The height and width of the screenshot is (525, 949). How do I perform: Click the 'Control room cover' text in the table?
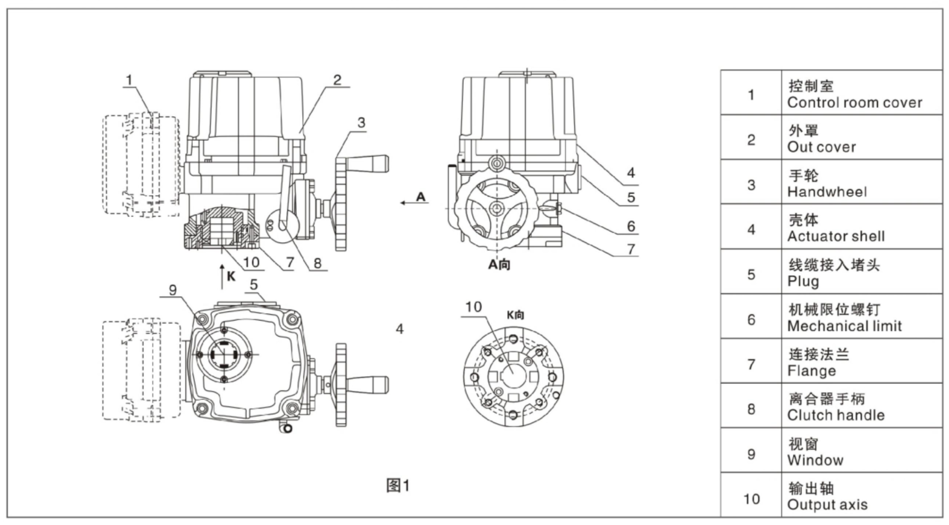point(854,102)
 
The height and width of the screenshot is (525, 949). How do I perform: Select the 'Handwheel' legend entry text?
point(827,192)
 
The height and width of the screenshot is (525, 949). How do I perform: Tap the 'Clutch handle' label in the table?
point(836,415)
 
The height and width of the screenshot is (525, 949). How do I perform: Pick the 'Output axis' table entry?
point(827,505)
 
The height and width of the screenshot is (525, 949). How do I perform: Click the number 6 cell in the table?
point(751,320)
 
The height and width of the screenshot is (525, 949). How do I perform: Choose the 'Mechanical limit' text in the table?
point(845,326)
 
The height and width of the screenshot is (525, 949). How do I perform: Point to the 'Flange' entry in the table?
point(811,371)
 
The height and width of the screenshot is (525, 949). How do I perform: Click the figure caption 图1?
point(398,485)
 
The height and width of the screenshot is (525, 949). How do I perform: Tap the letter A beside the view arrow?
point(421,197)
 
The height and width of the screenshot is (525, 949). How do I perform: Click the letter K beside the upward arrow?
point(231,276)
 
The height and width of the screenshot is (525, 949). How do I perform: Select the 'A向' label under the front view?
point(499,264)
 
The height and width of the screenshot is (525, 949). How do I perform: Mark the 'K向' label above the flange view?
point(515,315)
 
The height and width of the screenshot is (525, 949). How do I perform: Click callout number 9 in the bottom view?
point(173,290)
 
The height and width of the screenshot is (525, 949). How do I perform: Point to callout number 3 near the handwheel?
point(361,122)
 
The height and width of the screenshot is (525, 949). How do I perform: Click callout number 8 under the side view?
point(317,263)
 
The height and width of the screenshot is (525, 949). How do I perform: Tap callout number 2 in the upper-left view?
point(337,80)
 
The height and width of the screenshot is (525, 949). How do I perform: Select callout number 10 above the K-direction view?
point(473,307)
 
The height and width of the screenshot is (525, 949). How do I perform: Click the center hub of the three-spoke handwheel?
point(496,208)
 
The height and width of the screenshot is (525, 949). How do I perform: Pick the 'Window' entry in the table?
point(815,460)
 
